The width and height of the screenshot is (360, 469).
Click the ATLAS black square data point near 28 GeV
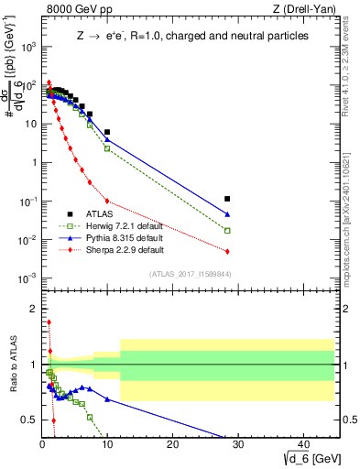(x=227, y=198)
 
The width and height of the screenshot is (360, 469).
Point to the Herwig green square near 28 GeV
(x=227, y=231)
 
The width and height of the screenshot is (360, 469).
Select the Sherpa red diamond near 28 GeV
(x=227, y=251)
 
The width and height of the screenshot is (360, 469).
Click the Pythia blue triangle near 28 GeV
(x=227, y=214)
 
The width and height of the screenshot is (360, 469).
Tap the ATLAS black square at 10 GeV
(x=107, y=132)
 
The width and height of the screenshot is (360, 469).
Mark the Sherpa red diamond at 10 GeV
(x=107, y=201)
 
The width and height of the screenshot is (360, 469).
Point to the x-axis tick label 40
(x=304, y=443)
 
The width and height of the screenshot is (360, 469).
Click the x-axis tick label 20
(x=173, y=443)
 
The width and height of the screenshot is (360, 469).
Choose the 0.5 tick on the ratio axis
(x=27, y=420)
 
